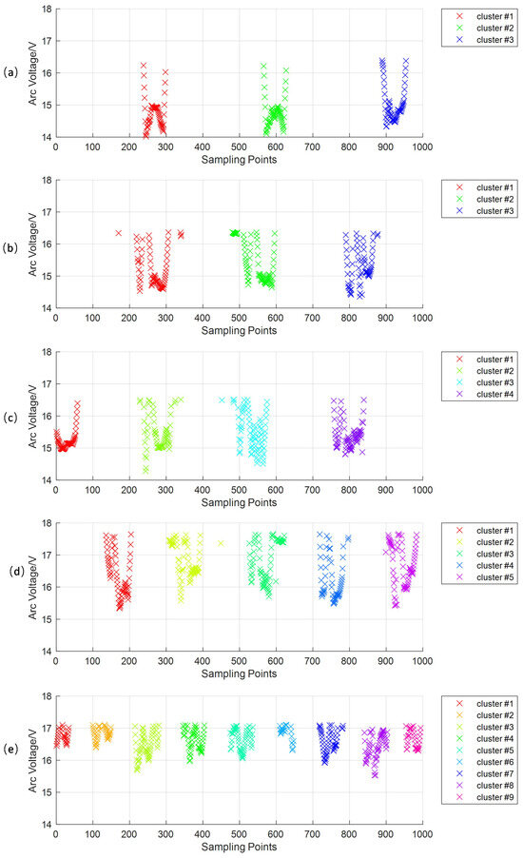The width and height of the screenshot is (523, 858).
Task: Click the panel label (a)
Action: pos(10,72)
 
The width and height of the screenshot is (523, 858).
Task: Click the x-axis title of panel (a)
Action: pos(240,159)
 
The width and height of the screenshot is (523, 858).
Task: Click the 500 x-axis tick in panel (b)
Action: pos(240,319)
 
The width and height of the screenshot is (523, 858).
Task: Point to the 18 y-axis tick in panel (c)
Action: pos(47,352)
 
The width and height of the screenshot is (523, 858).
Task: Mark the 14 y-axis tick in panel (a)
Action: pos(47,137)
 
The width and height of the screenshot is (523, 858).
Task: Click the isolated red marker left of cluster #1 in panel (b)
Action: pos(119,232)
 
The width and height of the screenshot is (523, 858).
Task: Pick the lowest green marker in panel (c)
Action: pos(145,470)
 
